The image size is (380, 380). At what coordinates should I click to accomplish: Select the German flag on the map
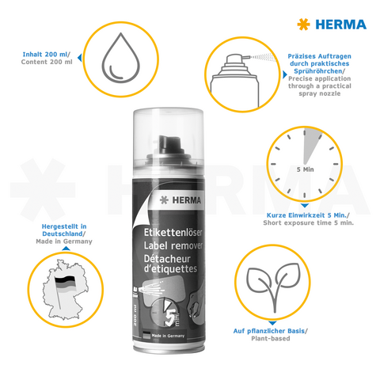(64, 283)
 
